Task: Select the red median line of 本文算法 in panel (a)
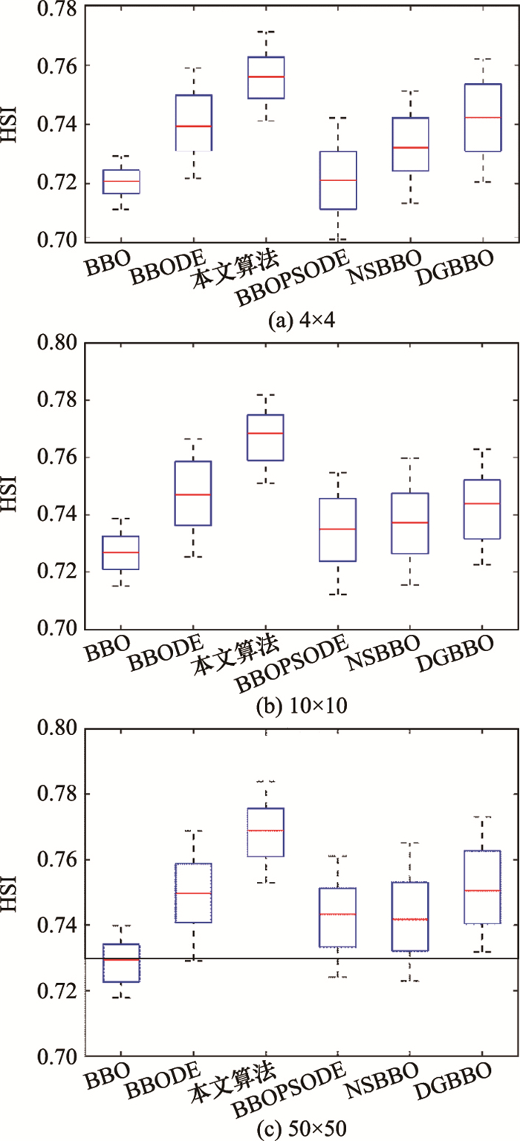click(x=265, y=76)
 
